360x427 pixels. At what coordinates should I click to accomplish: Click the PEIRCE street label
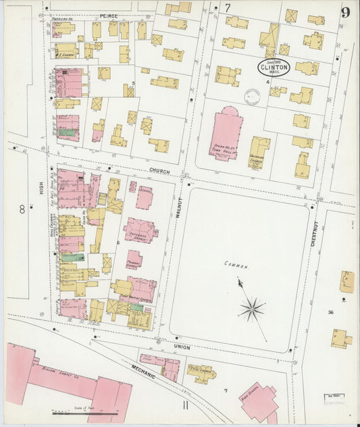(109, 14)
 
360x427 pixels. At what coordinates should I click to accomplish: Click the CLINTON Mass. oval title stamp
(274, 67)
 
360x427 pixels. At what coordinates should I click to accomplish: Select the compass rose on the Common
(251, 309)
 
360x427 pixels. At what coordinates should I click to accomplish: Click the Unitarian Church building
(258, 153)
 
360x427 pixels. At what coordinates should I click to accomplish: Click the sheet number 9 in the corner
(345, 11)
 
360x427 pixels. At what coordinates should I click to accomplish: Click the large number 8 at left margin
(22, 209)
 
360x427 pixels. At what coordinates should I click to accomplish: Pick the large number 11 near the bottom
(184, 405)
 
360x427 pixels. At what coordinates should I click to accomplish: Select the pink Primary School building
(134, 259)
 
